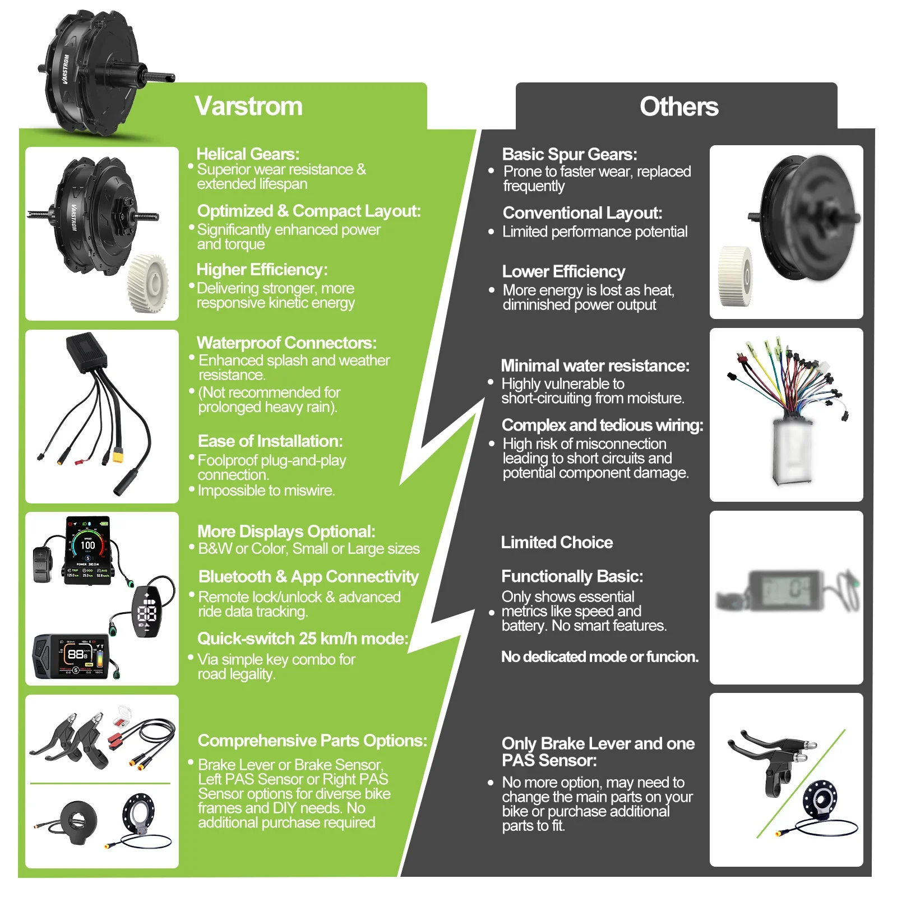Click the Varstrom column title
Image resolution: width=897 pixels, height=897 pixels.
pyautogui.click(x=248, y=106)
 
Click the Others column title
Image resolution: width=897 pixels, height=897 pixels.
pyautogui.click(x=678, y=107)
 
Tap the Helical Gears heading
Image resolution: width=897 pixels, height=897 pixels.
pyautogui.click(x=247, y=154)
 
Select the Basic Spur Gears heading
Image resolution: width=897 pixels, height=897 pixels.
pyautogui.click(x=569, y=154)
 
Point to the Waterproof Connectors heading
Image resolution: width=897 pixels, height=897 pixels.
pyautogui.click(x=286, y=343)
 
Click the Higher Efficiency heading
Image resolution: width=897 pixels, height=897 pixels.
pyautogui.click(x=262, y=270)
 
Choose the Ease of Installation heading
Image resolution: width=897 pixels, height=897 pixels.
pyautogui.click(x=270, y=441)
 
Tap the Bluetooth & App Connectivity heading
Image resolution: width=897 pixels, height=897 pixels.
pyautogui.click(x=308, y=576)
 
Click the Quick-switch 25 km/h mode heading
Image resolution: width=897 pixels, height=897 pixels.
pyautogui.click(x=303, y=639)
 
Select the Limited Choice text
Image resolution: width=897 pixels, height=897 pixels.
pyautogui.click(x=556, y=542)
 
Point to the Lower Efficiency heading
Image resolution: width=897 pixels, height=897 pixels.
pyautogui.click(x=563, y=271)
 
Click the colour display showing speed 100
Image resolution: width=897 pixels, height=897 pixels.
pyautogui.click(x=88, y=549)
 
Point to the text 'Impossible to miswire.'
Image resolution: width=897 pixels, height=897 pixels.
pyautogui.click(x=266, y=491)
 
